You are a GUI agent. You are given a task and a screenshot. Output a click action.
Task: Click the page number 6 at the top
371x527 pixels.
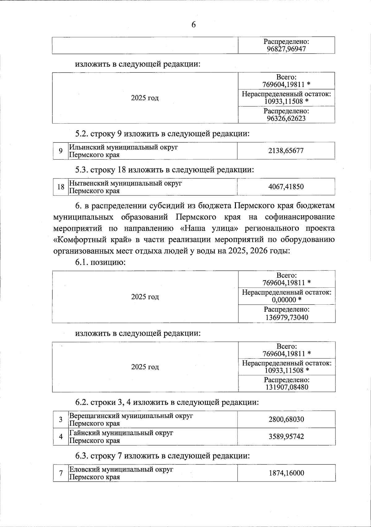click(x=194, y=25)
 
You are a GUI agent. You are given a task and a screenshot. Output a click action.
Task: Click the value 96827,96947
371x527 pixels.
click(x=286, y=49)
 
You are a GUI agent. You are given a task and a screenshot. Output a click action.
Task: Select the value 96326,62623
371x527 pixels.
click(x=286, y=118)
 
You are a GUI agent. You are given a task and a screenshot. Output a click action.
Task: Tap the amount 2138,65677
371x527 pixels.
click(x=286, y=151)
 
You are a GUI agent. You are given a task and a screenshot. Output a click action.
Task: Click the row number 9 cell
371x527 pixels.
click(x=61, y=151)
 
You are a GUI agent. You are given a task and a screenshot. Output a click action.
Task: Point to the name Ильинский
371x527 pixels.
click(x=83, y=148)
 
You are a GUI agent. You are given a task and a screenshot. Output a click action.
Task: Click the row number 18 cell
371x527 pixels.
click(x=61, y=187)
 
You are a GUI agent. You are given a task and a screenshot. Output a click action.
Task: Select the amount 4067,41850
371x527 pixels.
click(x=286, y=187)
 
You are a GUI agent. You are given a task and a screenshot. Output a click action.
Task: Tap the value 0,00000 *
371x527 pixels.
click(x=286, y=300)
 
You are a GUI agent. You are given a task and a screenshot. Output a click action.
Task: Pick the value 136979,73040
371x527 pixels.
click(x=287, y=317)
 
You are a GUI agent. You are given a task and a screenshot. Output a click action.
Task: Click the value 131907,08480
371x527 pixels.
click(x=287, y=387)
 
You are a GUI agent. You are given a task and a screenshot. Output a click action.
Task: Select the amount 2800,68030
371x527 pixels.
click(x=287, y=420)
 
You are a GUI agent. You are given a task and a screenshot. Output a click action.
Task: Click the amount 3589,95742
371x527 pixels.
click(x=287, y=437)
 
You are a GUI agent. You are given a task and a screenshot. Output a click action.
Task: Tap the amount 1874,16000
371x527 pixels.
click(x=287, y=473)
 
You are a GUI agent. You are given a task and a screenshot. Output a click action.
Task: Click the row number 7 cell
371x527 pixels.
click(x=61, y=473)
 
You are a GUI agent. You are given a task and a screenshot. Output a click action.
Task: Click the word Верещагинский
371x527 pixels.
click(x=94, y=416)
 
